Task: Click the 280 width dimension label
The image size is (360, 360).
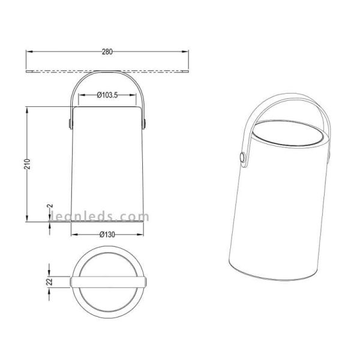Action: [107, 52]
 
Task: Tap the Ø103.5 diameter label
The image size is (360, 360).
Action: [107, 95]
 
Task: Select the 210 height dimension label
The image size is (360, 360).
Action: [27, 164]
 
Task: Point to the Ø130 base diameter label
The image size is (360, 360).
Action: [107, 235]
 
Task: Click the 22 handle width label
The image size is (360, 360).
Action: [49, 282]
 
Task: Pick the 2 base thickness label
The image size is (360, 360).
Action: [50, 206]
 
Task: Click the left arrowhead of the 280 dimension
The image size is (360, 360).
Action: [29, 52]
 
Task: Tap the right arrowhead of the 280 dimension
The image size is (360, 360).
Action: [185, 52]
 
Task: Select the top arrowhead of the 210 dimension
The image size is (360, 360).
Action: [27, 110]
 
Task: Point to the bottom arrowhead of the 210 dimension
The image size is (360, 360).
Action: [27, 218]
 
